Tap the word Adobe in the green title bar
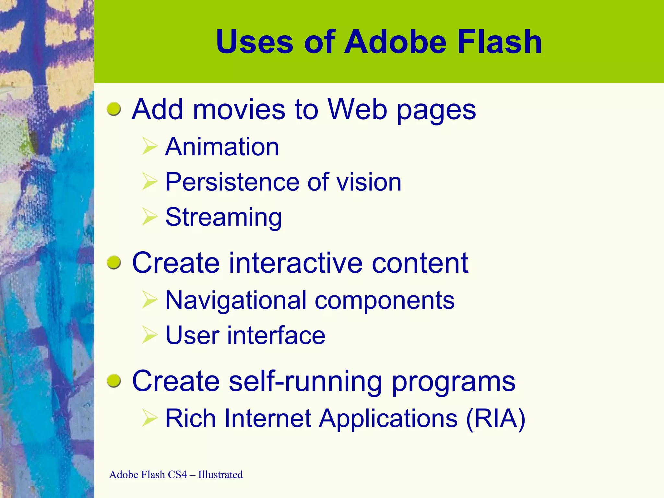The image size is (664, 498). [x=396, y=42]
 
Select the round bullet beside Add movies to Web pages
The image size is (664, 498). [x=114, y=109]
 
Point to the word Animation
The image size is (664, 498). [x=222, y=147]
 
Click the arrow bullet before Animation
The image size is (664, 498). [x=149, y=146]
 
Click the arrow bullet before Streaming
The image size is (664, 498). [x=149, y=216]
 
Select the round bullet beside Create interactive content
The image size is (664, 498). [x=114, y=262]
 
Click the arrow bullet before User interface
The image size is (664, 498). [x=149, y=335]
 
